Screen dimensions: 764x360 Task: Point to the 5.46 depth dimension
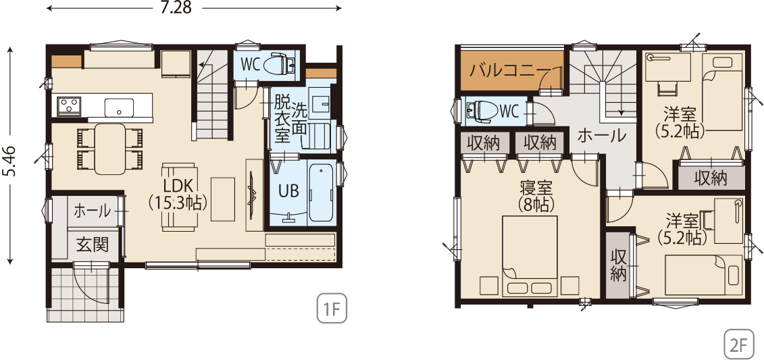pyautogui.click(x=11, y=155)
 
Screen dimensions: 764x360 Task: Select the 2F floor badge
pyautogui.click(x=738, y=344)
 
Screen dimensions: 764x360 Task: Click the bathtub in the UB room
pyautogui.click(x=321, y=193)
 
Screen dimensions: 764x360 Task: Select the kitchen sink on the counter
pyautogui.click(x=119, y=107)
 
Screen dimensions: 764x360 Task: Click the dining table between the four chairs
pyautogui.click(x=109, y=149)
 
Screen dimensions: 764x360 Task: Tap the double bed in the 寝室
pyautogui.click(x=530, y=256)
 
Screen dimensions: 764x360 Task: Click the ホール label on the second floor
pyautogui.click(x=601, y=136)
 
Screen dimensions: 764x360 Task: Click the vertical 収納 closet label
pyautogui.click(x=618, y=266)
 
